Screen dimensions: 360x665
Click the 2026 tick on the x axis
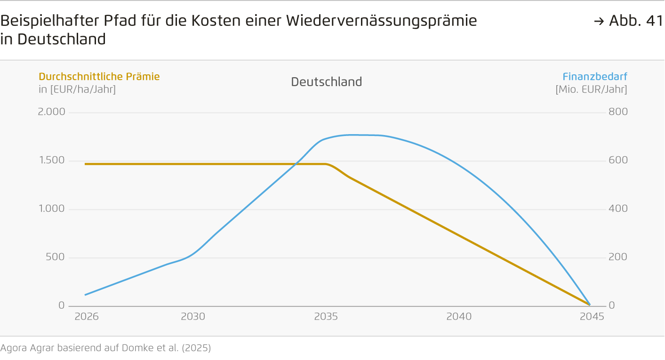[87, 317]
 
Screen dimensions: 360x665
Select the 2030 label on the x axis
[193, 317]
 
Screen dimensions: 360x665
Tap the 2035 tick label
[326, 317]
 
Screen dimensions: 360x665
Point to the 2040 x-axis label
[459, 317]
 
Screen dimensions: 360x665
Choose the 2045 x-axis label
[592, 317]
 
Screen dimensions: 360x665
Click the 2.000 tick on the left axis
[51, 112]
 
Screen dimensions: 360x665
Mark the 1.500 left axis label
[51, 160]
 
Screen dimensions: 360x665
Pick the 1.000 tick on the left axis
[51, 209]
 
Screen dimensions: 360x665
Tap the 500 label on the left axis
[56, 257]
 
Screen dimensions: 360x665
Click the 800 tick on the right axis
[618, 112]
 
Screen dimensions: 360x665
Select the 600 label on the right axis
[618, 160]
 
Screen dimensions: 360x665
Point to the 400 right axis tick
[618, 209]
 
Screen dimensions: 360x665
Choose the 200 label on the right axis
[618, 257]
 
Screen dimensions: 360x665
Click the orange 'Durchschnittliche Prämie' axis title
[99, 77]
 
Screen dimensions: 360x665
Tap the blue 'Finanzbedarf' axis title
[595, 77]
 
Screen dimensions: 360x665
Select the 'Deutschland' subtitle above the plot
[326, 82]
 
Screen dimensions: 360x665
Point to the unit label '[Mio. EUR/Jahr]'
[591, 89]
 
